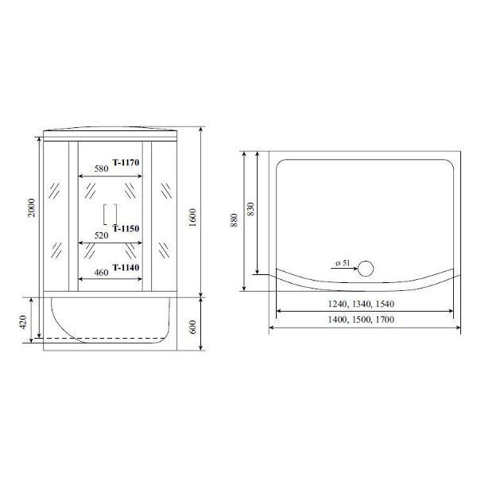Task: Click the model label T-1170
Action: coord(126,162)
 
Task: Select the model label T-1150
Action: coord(126,228)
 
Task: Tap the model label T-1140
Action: coord(126,267)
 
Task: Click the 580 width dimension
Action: coord(101,169)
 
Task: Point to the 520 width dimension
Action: coord(101,235)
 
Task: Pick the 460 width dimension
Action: coord(101,273)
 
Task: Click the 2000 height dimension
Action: coord(31,207)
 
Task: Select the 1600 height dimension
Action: coord(192,218)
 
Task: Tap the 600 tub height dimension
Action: coord(193,327)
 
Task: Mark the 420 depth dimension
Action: coord(23,322)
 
